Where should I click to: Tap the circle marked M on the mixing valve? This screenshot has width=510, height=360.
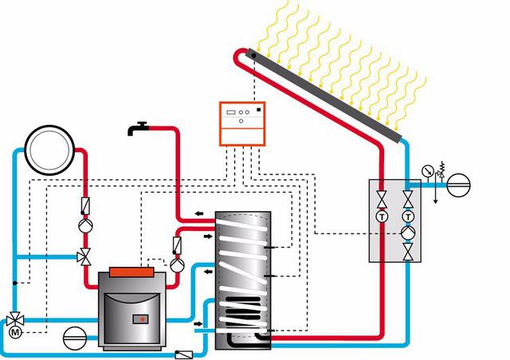tap(15, 332)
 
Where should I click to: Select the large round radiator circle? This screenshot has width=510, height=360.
tap(49, 150)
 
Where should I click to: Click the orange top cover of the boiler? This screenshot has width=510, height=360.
tap(131, 272)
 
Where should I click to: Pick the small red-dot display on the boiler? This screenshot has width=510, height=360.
tap(140, 319)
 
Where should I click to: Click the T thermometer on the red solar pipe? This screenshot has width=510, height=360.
tap(382, 217)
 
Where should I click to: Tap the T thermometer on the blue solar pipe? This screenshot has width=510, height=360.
tap(408, 217)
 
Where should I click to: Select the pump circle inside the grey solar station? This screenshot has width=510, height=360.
tap(408, 233)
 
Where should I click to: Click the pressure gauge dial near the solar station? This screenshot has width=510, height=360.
tap(427, 170)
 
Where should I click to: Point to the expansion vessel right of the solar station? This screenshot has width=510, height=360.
tap(459, 185)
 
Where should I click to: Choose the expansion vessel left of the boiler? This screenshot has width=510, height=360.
tap(74, 338)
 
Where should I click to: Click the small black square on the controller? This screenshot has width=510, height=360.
tap(258, 110)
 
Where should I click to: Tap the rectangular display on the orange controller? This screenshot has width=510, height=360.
tap(231, 112)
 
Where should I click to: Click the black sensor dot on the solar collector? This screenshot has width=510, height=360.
tap(253, 56)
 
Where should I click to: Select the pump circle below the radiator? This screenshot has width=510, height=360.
tap(85, 225)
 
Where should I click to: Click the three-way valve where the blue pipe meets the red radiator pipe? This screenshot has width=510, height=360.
tap(84, 257)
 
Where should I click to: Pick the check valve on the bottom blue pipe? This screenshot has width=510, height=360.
tap(184, 354)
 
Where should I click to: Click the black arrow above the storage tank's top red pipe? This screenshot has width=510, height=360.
tap(199, 213)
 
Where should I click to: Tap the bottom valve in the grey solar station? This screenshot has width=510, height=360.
tap(408, 252)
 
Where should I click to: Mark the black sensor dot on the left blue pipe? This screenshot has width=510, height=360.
tap(15, 283)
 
